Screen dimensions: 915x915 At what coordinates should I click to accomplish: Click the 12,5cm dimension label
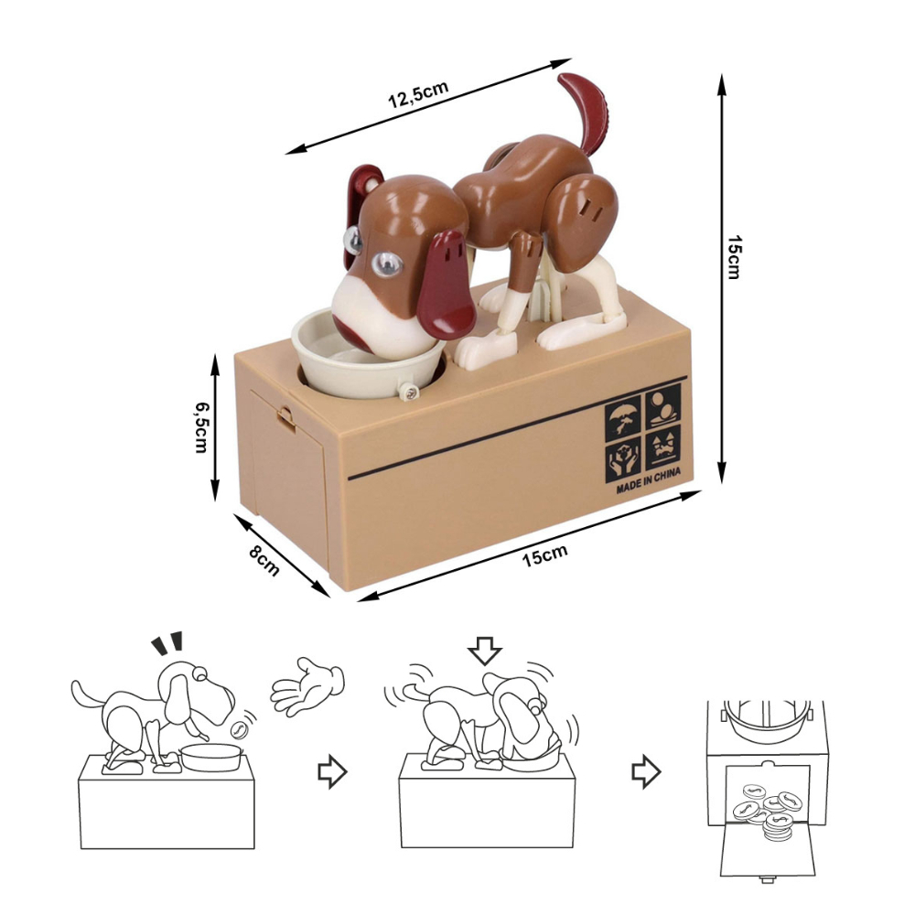point(418,94)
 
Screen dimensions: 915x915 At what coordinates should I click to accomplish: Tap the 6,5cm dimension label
point(201,426)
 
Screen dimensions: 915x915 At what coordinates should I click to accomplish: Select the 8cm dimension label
point(264,560)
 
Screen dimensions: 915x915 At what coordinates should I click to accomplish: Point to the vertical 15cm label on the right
point(734,257)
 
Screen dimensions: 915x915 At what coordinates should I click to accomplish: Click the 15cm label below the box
point(544,556)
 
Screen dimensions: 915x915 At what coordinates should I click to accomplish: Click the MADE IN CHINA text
point(649,481)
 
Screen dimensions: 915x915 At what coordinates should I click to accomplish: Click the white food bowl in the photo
point(368,357)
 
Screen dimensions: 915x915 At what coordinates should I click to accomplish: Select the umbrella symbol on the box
point(623,418)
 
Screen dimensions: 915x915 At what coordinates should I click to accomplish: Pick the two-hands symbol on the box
point(624,460)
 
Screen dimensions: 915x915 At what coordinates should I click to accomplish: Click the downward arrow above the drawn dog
point(485,651)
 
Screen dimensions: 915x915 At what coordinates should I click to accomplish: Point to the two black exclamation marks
point(167,642)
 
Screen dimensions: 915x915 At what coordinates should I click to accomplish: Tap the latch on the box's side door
point(285,418)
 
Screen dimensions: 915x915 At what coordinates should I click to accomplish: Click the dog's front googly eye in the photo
point(387,264)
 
